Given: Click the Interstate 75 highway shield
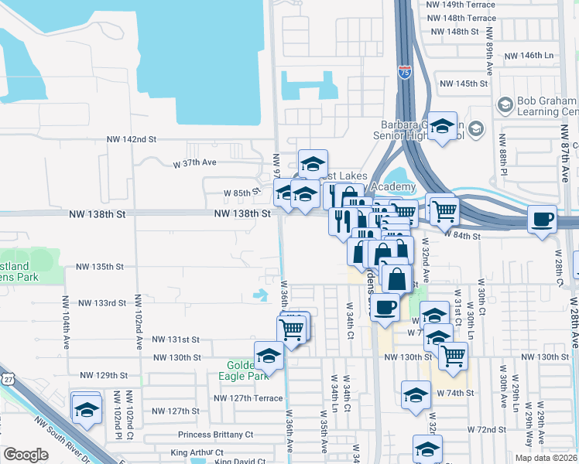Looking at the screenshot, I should point(405,73).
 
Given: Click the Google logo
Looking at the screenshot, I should point(26,455).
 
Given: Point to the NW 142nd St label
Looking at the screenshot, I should point(132,139).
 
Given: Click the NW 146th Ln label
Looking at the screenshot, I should point(529,56).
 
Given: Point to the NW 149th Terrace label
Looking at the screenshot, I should point(461,4).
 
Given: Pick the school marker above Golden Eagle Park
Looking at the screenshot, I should point(269,355).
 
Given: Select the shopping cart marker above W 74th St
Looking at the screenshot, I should point(453,355).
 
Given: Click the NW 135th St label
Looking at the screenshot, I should point(100,267).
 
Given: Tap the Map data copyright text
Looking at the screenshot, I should point(546,458).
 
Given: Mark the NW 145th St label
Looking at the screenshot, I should point(463,84).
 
